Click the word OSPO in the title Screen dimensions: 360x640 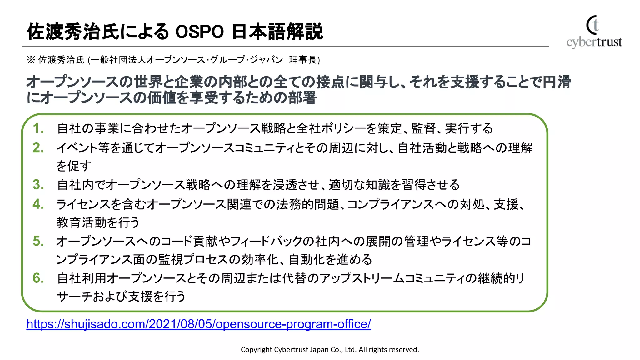pyautogui.click(x=199, y=32)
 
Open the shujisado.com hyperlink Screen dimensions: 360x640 pyautogui.click(x=199, y=324)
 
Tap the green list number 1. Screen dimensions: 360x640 pyautogui.click(x=38, y=128)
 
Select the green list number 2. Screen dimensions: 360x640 pyautogui.click(x=38, y=148)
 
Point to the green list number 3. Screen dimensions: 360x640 pyautogui.click(x=38, y=185)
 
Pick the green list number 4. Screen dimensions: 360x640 pyautogui.click(x=38, y=204)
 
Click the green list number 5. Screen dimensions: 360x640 pyautogui.click(x=38, y=241)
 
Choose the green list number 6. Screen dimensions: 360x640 pyautogui.click(x=38, y=278)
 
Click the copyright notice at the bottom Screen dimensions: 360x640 pyautogui.click(x=330, y=350)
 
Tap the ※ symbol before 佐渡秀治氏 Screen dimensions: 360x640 pyautogui.click(x=31, y=60)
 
